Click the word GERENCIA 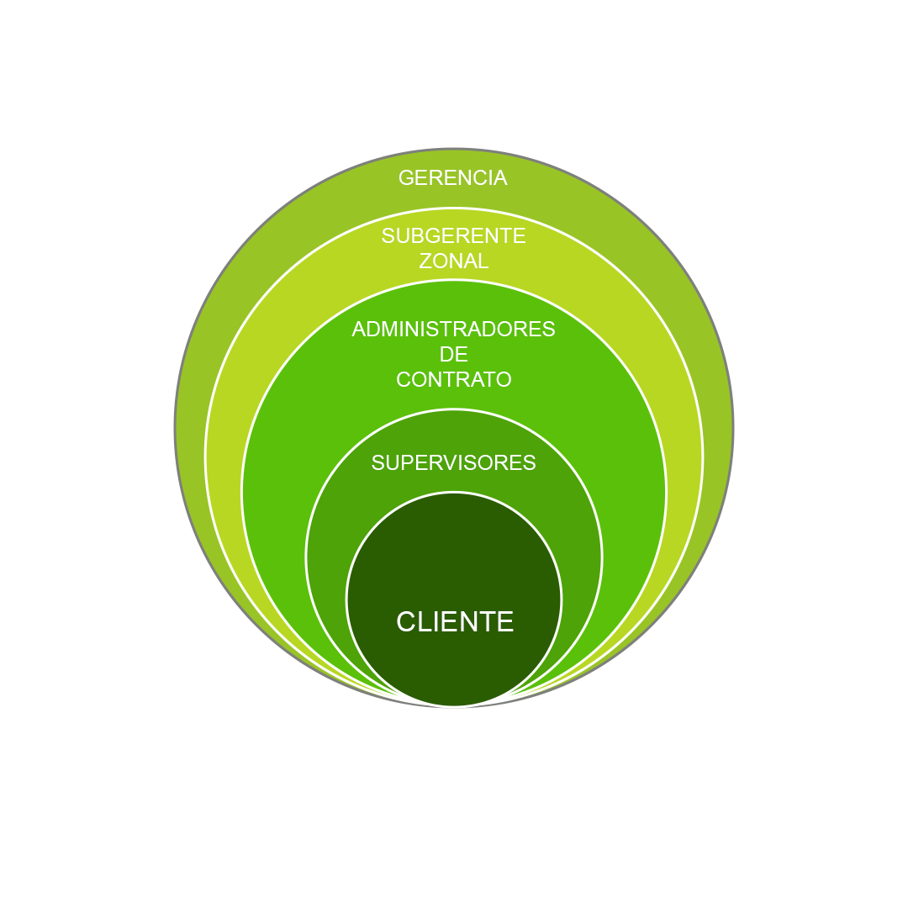click(x=453, y=178)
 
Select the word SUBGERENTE click(x=453, y=236)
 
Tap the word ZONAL click(x=454, y=261)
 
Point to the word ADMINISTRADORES click(x=453, y=330)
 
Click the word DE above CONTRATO click(x=453, y=355)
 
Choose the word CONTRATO click(x=453, y=380)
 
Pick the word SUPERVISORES click(x=453, y=463)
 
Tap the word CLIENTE click(x=455, y=622)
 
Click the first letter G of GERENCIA click(x=406, y=178)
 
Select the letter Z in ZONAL click(x=425, y=261)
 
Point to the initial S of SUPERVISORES click(x=377, y=463)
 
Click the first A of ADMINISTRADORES click(x=358, y=330)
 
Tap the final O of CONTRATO click(x=504, y=380)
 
